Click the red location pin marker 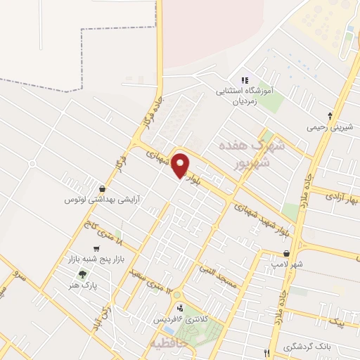[x=181, y=165]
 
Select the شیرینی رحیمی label [x=330, y=128]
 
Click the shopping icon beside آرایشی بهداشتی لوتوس [x=103, y=188]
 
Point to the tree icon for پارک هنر [x=84, y=275]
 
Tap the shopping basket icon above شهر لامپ [x=286, y=253]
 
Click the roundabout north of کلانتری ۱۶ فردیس [x=178, y=295]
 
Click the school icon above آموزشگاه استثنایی [x=244, y=80]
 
